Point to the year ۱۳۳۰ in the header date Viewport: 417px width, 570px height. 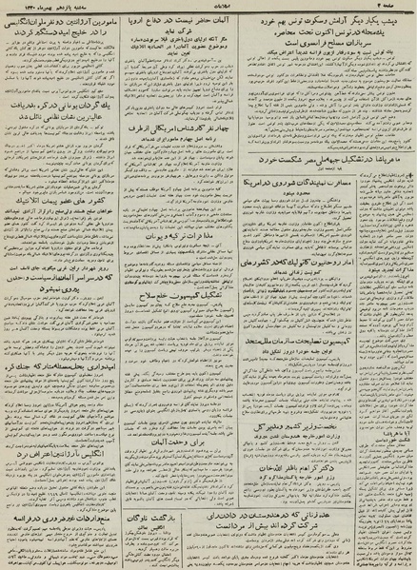pos(21,9)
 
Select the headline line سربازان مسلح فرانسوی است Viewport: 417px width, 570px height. pos(339,46)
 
